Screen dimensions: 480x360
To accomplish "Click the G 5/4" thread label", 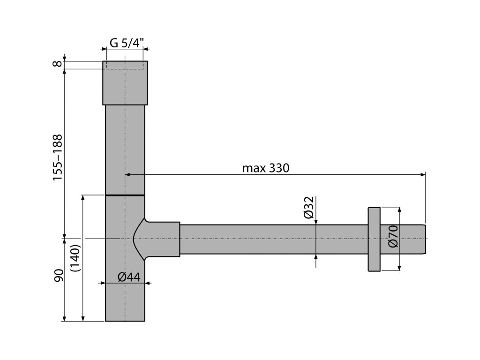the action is coord(127,43).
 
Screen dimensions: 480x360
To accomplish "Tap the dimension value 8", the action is coord(58,64).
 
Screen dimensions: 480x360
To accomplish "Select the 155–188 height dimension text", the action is coord(58,157).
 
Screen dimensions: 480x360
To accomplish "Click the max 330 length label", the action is coord(266,168).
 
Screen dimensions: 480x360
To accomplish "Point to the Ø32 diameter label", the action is coord(309,208).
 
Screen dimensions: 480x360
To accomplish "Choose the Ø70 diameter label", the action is coord(393,236).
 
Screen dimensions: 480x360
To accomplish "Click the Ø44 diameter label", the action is coord(129,277).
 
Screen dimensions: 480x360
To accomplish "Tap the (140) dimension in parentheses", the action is coord(75,258).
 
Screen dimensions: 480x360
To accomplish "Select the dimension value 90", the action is coord(58,275).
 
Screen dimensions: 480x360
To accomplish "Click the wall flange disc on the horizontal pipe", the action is coord(374,239).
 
